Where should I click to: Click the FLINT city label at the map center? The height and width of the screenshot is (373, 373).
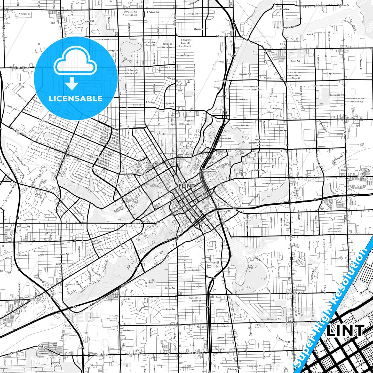tap(186, 186)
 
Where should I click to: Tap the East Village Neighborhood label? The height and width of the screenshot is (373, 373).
tap(209, 170)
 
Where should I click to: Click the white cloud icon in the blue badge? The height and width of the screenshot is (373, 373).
tap(75, 63)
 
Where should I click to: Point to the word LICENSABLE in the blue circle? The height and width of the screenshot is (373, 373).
tap(76, 99)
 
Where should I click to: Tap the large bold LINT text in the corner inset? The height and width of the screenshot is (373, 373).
tap(345, 331)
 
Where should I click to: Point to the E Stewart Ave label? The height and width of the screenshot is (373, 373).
tap(224, 37)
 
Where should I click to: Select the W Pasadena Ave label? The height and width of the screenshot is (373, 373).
tap(20, 68)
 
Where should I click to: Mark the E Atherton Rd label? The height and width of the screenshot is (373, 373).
tap(294, 293)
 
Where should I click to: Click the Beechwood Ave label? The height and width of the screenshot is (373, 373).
tap(337, 95)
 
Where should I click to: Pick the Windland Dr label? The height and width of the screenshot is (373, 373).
tap(25, 14)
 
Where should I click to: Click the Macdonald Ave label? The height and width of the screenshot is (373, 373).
tap(274, 319)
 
